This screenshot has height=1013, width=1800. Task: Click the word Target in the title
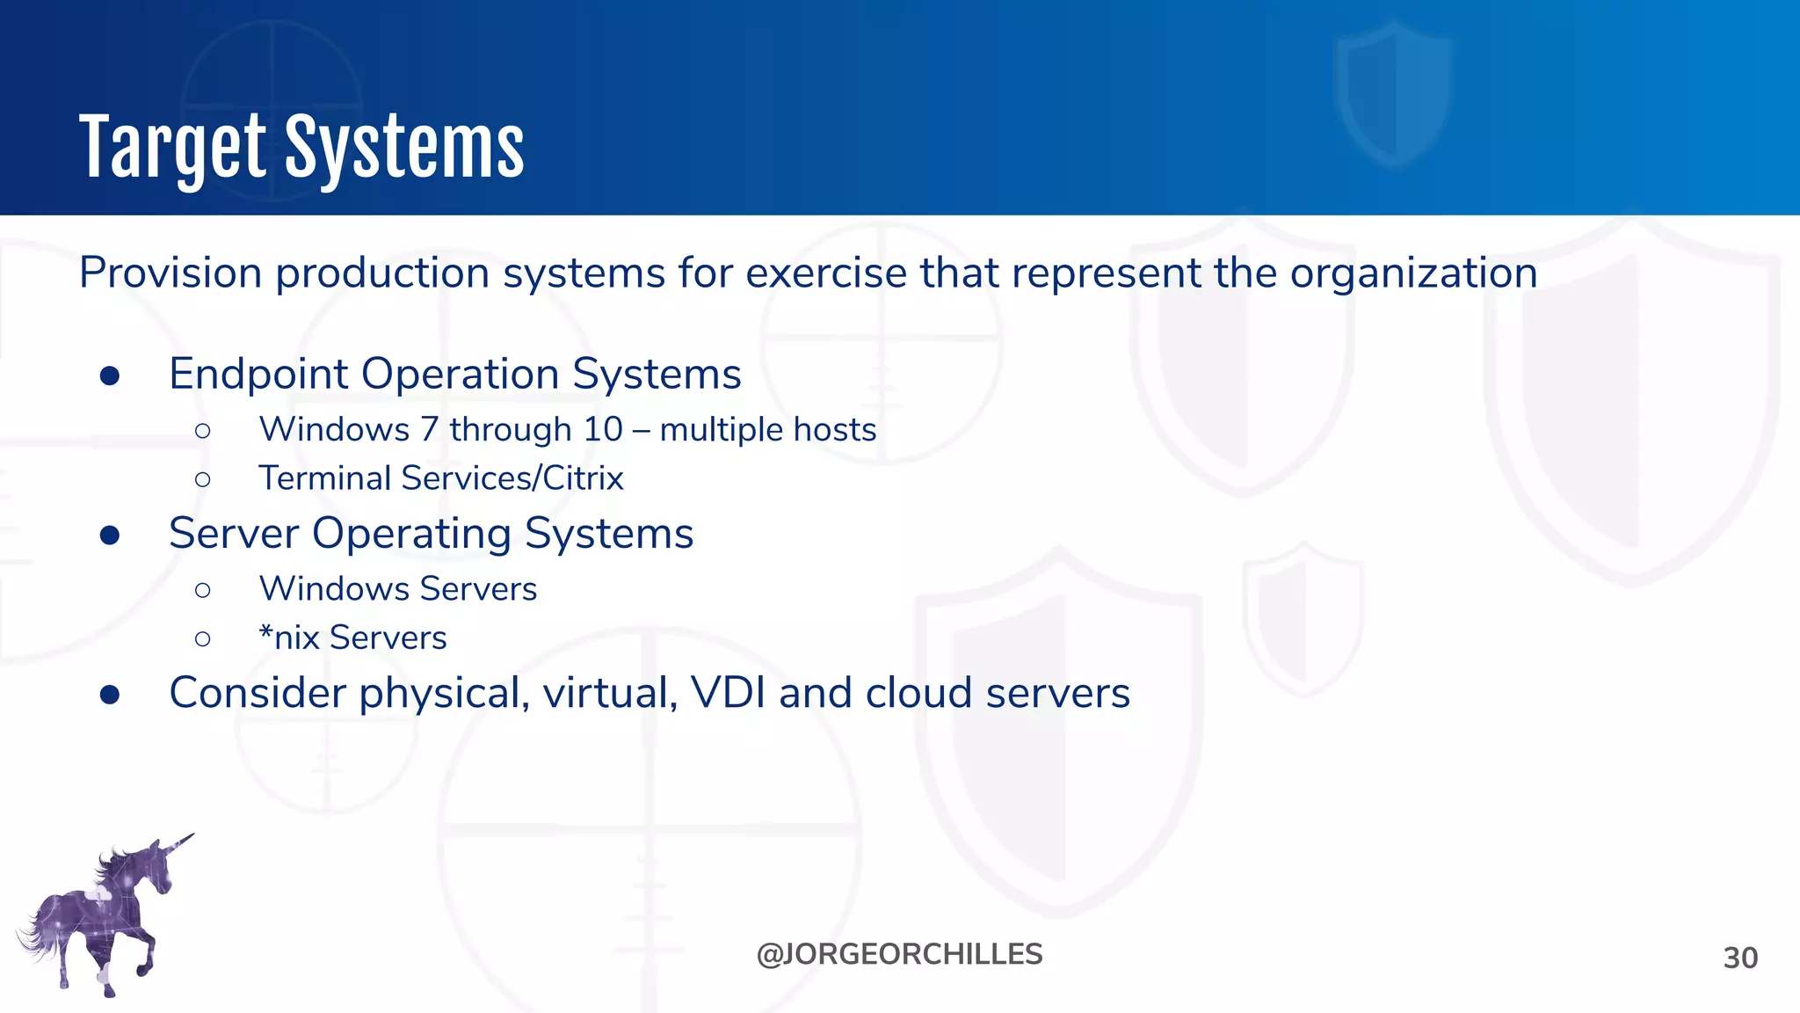(x=172, y=148)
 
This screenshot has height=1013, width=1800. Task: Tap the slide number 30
(x=1740, y=958)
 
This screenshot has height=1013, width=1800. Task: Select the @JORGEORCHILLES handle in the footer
(x=899, y=954)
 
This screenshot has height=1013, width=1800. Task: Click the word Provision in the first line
(x=171, y=273)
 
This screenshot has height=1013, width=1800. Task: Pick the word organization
(x=1413, y=274)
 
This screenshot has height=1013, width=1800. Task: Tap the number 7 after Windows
(x=429, y=430)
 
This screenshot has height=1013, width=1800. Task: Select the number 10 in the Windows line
(x=603, y=430)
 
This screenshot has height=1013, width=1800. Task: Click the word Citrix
(x=583, y=478)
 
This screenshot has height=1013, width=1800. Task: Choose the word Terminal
(x=324, y=478)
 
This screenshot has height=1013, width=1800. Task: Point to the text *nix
(x=289, y=638)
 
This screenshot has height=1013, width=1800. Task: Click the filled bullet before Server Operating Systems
(x=110, y=536)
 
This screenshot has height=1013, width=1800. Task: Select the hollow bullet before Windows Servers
(x=203, y=589)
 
